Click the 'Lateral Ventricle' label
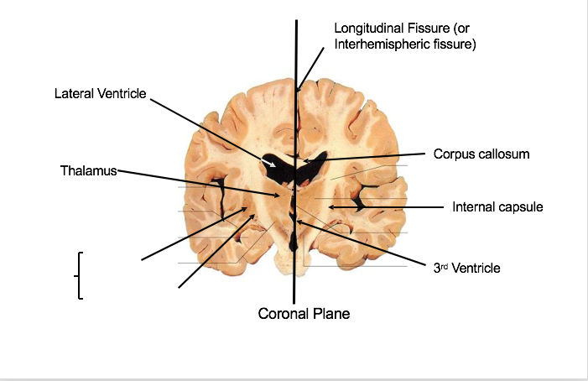click(x=100, y=94)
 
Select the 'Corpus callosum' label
click(x=481, y=154)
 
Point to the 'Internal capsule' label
click(x=497, y=206)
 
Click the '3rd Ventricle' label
click(x=466, y=269)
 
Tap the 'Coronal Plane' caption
click(x=304, y=314)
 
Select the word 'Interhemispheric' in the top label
click(x=382, y=44)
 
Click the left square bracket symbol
click(x=79, y=275)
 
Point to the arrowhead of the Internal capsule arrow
click(x=330, y=206)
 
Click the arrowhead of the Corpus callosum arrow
click(x=304, y=159)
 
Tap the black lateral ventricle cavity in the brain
click(x=281, y=171)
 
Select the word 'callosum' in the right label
click(x=505, y=154)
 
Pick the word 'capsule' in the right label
click(x=521, y=206)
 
